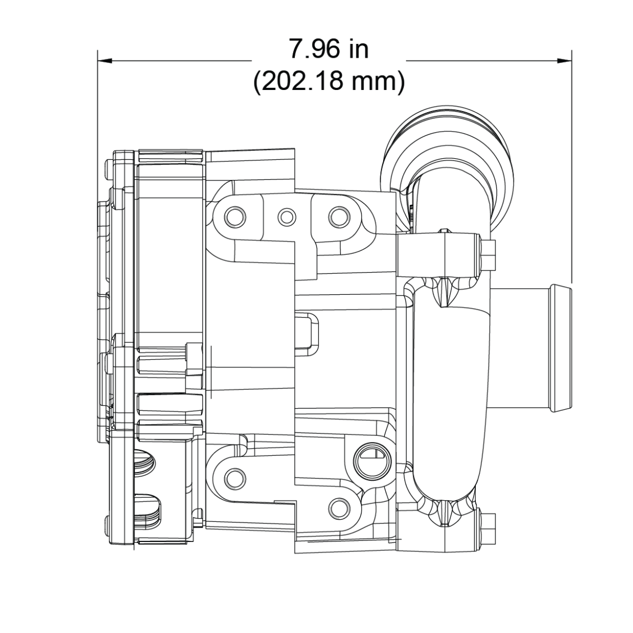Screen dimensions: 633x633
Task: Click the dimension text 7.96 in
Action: click(x=328, y=49)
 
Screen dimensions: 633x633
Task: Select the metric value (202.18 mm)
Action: click(x=328, y=82)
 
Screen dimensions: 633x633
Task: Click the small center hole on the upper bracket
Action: click(x=287, y=215)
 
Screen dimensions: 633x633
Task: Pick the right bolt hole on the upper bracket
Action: click(x=338, y=215)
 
